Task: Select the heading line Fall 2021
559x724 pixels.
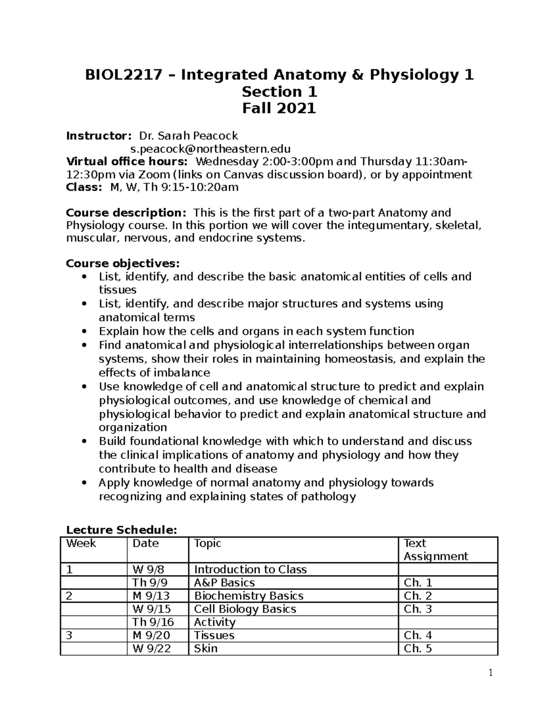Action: [279, 108]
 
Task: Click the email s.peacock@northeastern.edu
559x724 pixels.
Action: [210, 149]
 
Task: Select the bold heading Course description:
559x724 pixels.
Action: [126, 213]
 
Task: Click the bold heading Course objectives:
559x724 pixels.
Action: [123, 263]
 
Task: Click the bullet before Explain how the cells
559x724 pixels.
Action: [84, 331]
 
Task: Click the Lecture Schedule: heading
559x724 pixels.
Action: [122, 530]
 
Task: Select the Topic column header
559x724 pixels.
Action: [207, 544]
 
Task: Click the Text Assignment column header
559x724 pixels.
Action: [435, 550]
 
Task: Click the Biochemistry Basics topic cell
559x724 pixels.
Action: [248, 596]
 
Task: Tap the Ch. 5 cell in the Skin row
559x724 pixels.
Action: [418, 648]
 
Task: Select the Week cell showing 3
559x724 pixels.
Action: [70, 635]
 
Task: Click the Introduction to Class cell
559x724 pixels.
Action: [250, 570]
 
